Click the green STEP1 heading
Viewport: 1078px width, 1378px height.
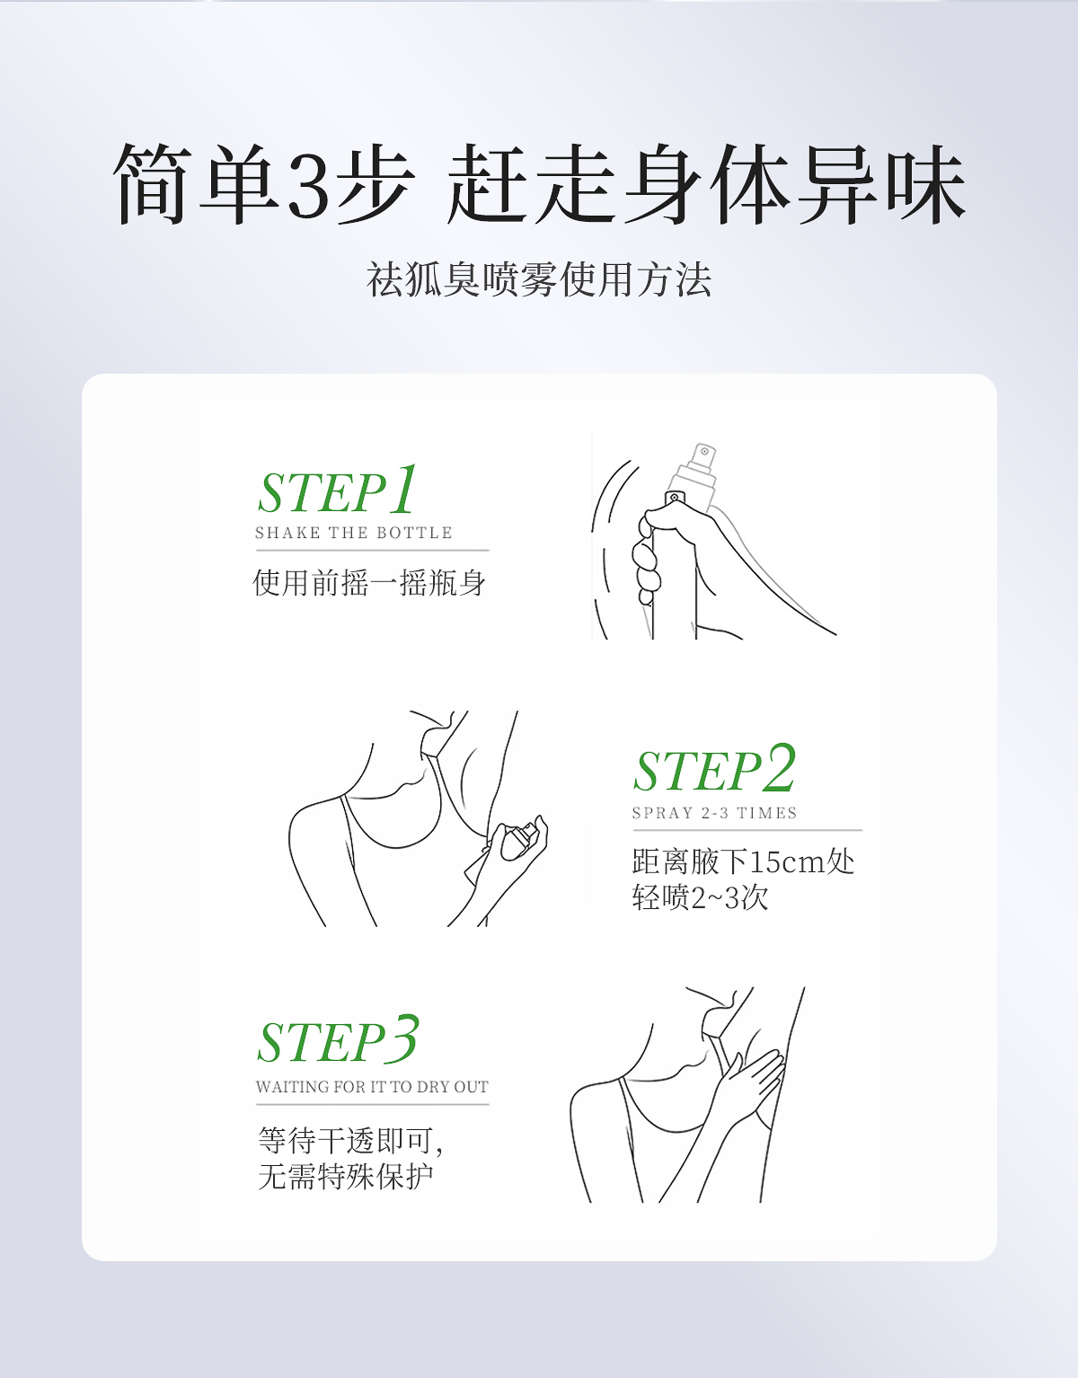(x=338, y=491)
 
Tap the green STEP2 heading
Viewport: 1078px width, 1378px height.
(x=714, y=770)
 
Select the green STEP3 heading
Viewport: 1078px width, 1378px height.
(x=338, y=1041)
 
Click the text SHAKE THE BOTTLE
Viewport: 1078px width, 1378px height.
(x=354, y=533)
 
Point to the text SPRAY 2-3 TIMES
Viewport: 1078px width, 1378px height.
(x=714, y=813)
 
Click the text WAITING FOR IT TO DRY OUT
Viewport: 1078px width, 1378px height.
(x=372, y=1087)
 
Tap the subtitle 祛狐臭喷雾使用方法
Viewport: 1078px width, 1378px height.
(x=539, y=279)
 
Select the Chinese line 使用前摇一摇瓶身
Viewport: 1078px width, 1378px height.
(x=369, y=583)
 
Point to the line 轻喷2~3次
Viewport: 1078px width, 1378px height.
(x=700, y=897)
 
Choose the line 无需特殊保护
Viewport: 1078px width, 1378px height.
(x=345, y=1176)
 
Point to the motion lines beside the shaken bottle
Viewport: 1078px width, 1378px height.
(x=606, y=539)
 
